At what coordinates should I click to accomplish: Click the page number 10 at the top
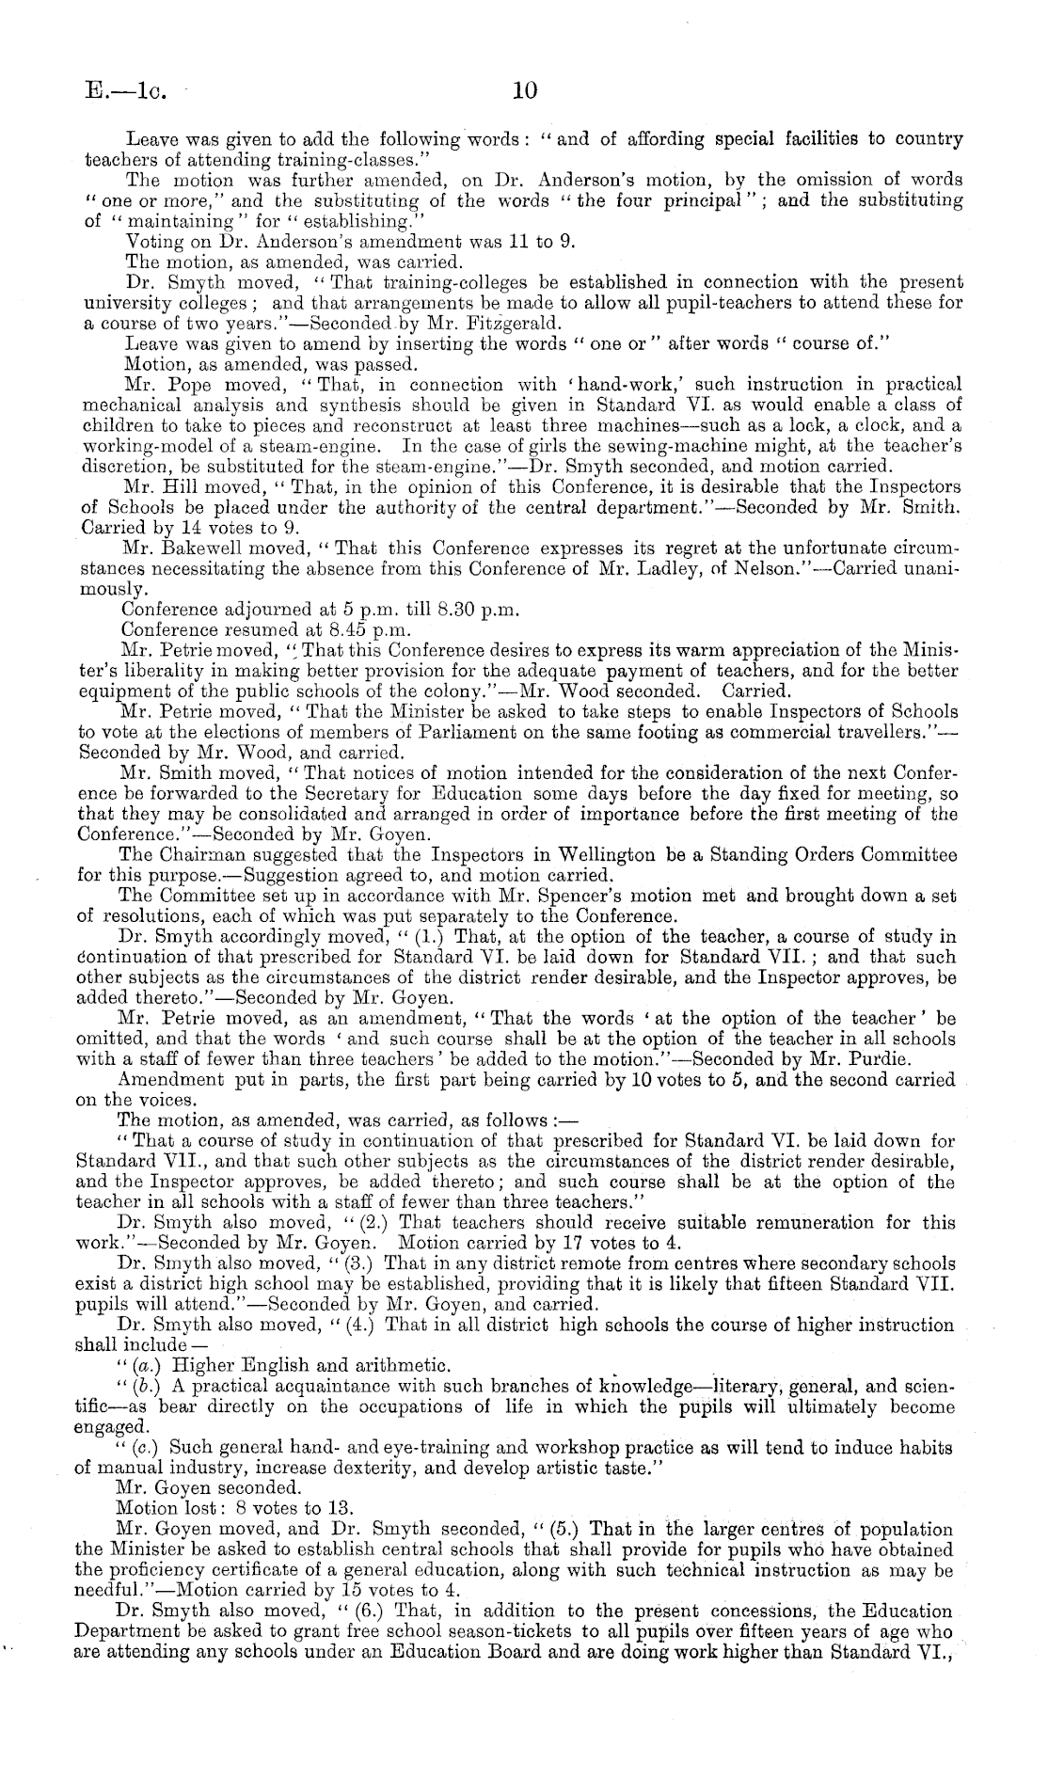click(x=524, y=91)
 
